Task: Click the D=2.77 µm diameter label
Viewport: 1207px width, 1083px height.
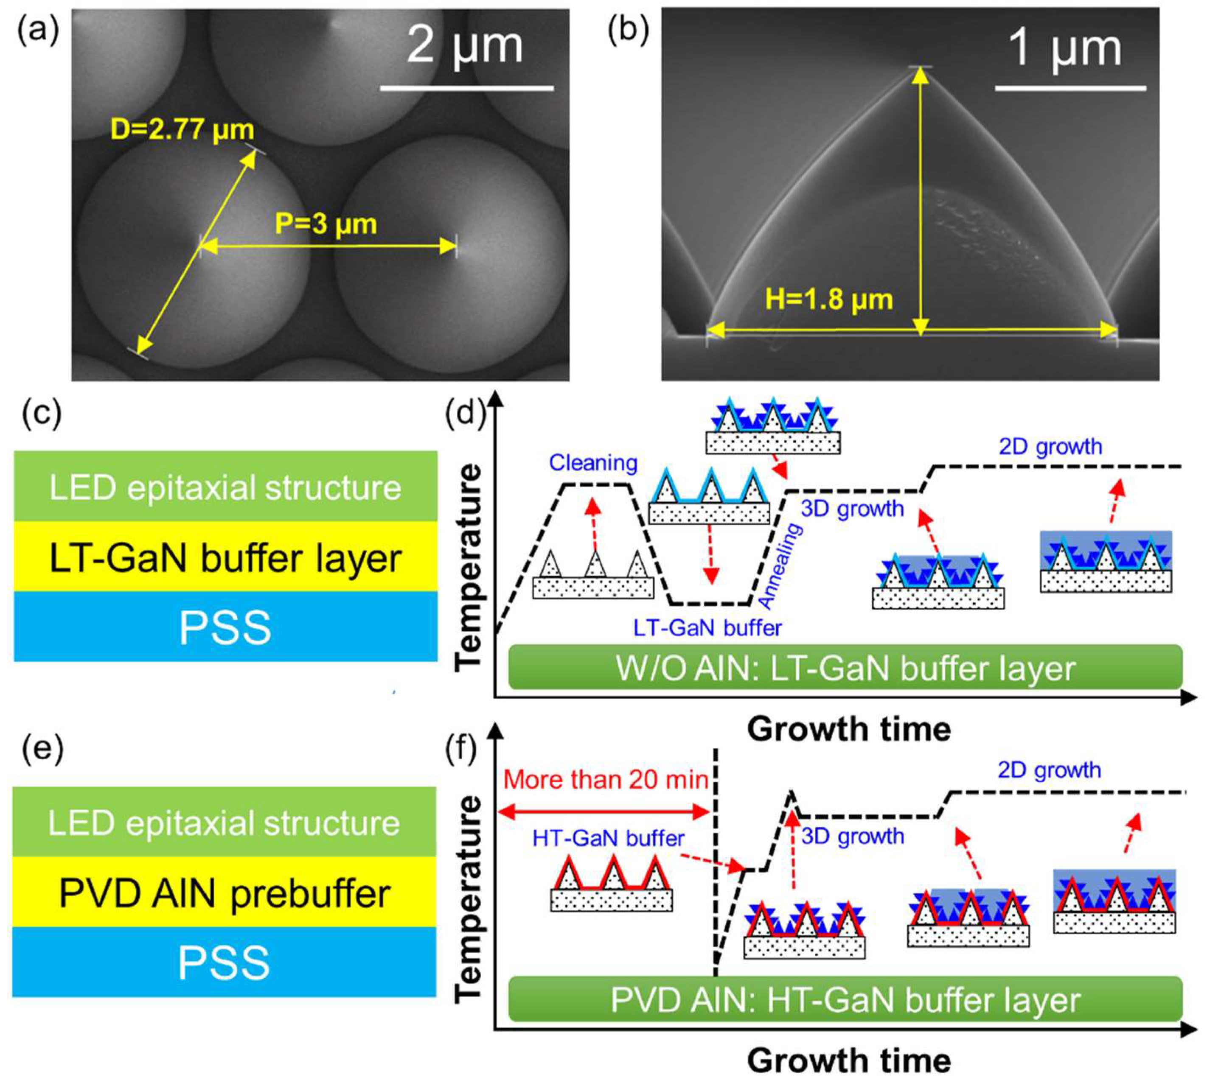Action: (x=182, y=130)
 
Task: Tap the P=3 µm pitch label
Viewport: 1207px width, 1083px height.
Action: (x=326, y=224)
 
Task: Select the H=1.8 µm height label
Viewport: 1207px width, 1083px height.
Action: (x=828, y=299)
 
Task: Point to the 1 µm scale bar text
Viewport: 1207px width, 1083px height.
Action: (x=1065, y=49)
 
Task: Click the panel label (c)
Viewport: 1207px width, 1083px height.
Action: (x=41, y=412)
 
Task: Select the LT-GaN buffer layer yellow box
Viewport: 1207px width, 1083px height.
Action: (x=225, y=557)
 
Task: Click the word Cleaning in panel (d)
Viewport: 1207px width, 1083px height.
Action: (x=593, y=462)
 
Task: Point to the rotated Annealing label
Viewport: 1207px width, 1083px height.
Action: (x=781, y=566)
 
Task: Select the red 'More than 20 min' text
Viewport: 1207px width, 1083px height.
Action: (x=606, y=780)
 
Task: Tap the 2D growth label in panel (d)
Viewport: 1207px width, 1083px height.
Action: (x=1050, y=446)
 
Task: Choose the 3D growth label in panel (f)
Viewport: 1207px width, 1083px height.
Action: (x=852, y=837)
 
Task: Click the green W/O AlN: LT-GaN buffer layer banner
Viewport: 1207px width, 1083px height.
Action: (x=845, y=668)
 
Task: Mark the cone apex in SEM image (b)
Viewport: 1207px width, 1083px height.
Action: (x=920, y=67)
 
